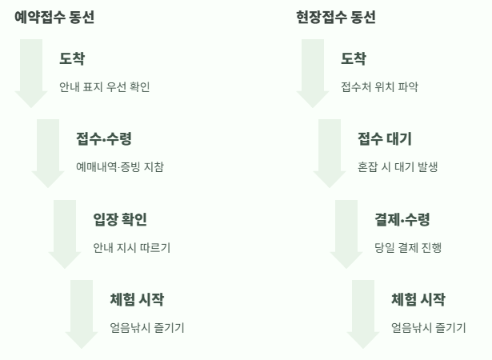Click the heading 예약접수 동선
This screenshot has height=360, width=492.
[x=54, y=17]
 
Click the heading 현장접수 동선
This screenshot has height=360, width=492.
[x=336, y=17]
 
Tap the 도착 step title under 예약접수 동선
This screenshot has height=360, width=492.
[x=72, y=58]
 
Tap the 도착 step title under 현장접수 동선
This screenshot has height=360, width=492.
[x=354, y=58]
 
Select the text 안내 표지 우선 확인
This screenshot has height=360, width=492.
[x=104, y=87]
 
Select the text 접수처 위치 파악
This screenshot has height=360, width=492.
[x=379, y=87]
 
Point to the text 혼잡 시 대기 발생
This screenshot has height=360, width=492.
[x=398, y=167]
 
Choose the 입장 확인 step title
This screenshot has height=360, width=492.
[x=120, y=219]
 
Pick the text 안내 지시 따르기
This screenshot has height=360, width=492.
[x=132, y=248]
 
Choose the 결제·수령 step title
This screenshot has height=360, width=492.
[x=402, y=219]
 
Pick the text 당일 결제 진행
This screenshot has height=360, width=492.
[x=408, y=248]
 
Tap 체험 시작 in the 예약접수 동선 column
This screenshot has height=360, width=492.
[x=137, y=300]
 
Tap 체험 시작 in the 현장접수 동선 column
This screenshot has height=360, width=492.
[x=418, y=300]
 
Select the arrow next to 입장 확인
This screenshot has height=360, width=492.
[x=66, y=233]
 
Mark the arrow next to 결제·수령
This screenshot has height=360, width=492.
[x=347, y=233]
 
